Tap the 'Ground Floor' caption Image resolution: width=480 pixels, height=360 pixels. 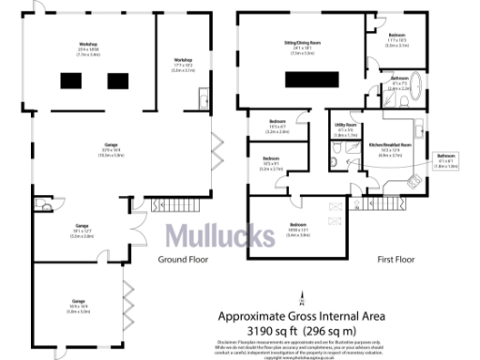pyautogui.click(x=181, y=258)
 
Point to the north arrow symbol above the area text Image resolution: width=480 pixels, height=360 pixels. pyautogui.click(x=302, y=300)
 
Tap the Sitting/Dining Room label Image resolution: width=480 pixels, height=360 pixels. pyautogui.click(x=308, y=47)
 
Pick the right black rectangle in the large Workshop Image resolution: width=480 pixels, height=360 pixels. pyautogui.click(x=116, y=82)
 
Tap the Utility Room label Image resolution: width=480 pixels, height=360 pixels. pyautogui.click(x=344, y=128)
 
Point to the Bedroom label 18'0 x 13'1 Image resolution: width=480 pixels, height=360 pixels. pyautogui.click(x=297, y=229)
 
